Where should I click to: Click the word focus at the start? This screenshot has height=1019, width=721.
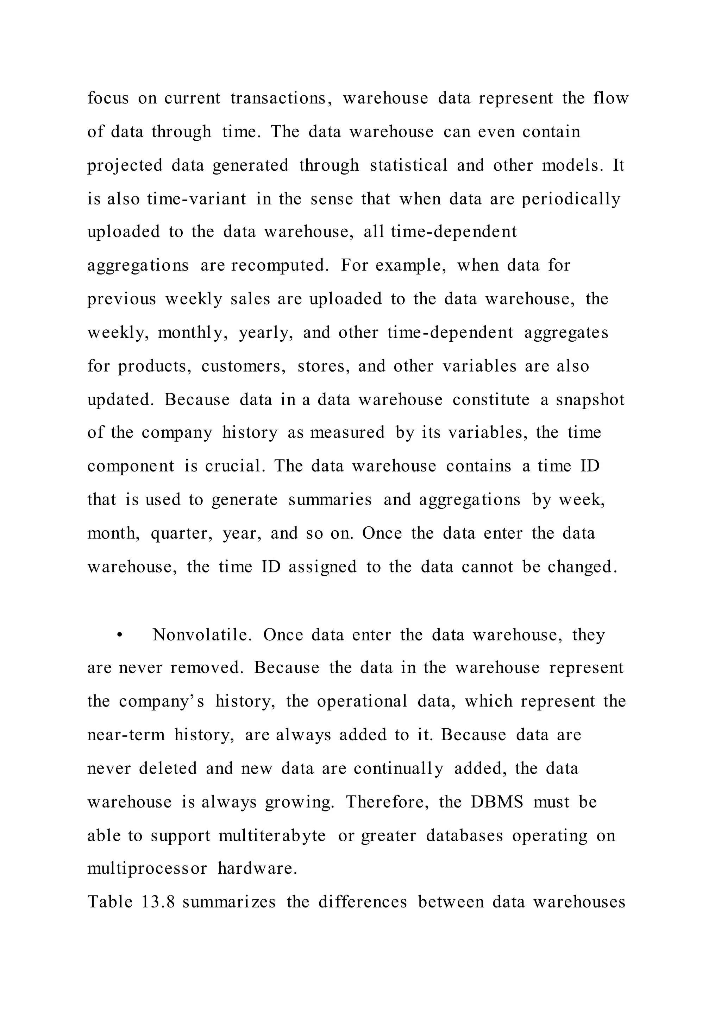tap(108, 98)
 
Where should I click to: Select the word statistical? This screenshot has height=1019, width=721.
tap(408, 165)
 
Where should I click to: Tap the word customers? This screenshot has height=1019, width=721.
tap(244, 366)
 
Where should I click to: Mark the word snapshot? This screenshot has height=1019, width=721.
tap(590, 399)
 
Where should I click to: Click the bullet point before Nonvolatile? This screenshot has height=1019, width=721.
tap(119, 635)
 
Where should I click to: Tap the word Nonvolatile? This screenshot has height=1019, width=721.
tap(202, 635)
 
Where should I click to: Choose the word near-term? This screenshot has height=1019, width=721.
tap(126, 735)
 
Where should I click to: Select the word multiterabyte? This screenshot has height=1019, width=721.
tap(272, 836)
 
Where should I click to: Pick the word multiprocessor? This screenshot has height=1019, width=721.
tap(147, 868)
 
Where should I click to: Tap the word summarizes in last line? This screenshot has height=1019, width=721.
tap(229, 902)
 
